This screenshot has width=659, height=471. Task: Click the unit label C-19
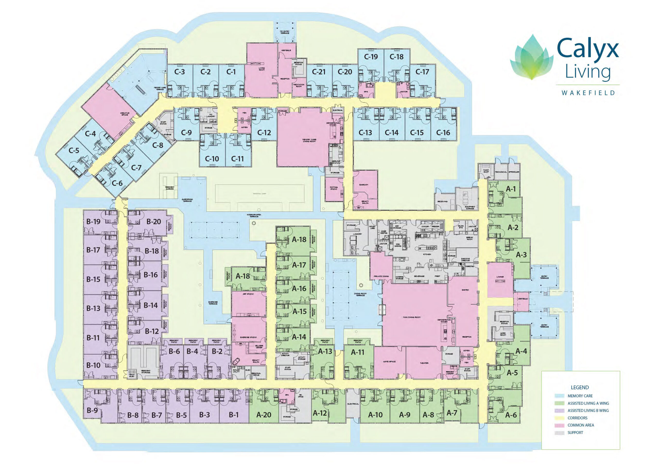point(371,57)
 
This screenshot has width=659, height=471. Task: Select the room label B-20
point(153,221)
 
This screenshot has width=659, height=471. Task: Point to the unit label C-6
point(117,183)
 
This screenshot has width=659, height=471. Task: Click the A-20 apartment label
point(264,415)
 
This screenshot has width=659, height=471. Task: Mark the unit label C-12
point(264,133)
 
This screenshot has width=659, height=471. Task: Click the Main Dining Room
point(412,317)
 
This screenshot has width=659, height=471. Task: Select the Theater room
point(424,363)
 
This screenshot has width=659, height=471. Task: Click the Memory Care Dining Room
point(309,141)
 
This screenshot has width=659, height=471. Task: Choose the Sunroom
point(363,184)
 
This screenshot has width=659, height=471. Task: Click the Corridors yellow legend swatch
point(559,418)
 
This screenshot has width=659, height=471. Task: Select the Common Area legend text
point(581,425)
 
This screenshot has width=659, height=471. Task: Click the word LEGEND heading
point(580,388)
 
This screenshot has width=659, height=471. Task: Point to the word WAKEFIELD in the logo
point(588,93)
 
